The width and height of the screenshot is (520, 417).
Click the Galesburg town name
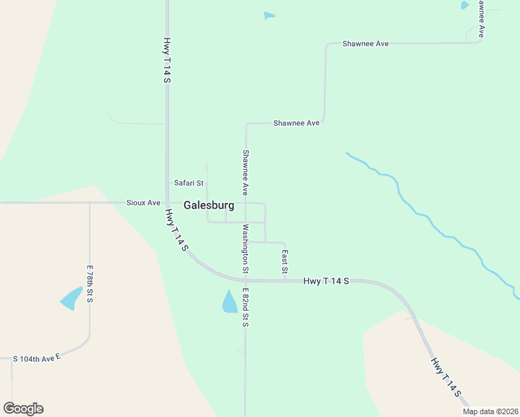click(209, 206)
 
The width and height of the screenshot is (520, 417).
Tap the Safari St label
click(188, 183)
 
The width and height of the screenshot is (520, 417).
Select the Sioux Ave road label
click(143, 203)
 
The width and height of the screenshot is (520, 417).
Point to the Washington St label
click(245, 248)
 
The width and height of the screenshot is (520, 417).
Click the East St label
click(284, 261)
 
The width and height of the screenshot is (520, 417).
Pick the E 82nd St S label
click(245, 307)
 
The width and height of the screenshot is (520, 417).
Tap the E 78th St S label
click(90, 284)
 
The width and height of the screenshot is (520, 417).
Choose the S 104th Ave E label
click(38, 359)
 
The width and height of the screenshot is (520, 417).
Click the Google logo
click(23, 409)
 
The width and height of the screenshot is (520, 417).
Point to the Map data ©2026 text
click(489, 411)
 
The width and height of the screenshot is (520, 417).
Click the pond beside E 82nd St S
click(229, 302)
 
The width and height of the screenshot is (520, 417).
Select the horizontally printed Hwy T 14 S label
click(326, 281)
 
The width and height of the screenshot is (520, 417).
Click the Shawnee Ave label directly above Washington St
click(245, 172)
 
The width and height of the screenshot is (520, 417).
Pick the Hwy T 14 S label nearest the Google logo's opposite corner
click(445, 377)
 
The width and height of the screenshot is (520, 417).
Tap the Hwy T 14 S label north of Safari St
click(168, 61)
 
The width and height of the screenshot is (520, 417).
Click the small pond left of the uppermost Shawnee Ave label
click(270, 16)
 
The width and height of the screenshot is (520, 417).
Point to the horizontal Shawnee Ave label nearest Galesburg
click(296, 123)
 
